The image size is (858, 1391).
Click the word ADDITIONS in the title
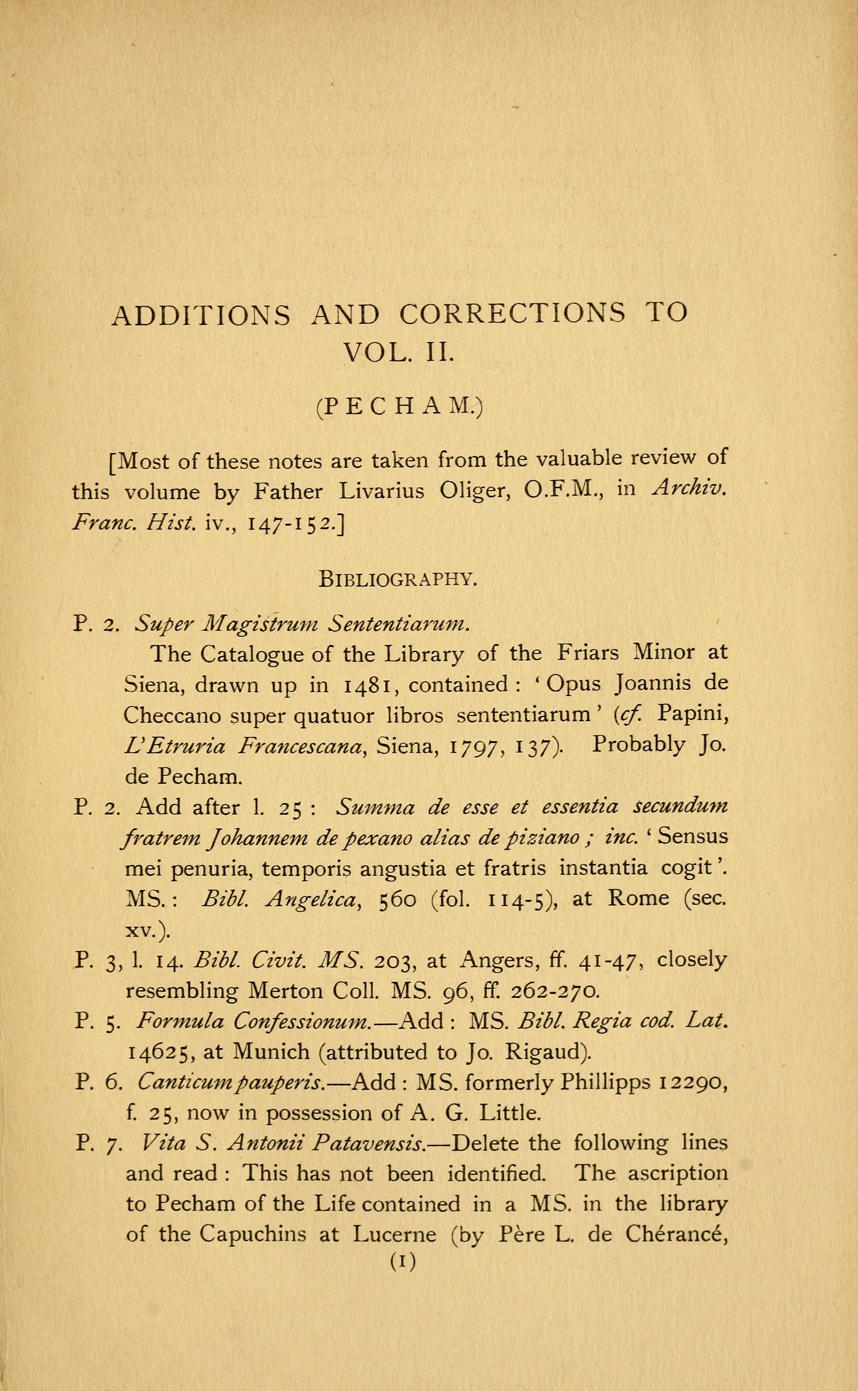pyautogui.click(x=201, y=315)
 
